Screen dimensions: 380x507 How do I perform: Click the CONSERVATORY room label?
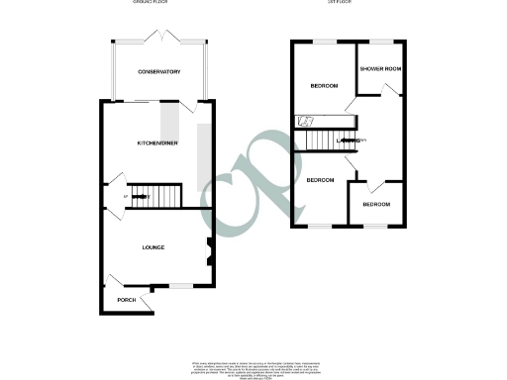pos(158,72)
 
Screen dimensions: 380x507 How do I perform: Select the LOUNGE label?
pos(152,247)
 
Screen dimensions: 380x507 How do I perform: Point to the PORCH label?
pos(125,300)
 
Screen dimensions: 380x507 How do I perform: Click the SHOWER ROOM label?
pos(378,68)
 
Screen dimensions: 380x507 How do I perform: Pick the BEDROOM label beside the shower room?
pos(325,86)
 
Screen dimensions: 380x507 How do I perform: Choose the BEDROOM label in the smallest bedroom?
pos(376,205)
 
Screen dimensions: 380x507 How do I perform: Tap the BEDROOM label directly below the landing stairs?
pos(320,180)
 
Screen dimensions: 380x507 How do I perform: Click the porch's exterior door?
pos(147,301)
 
